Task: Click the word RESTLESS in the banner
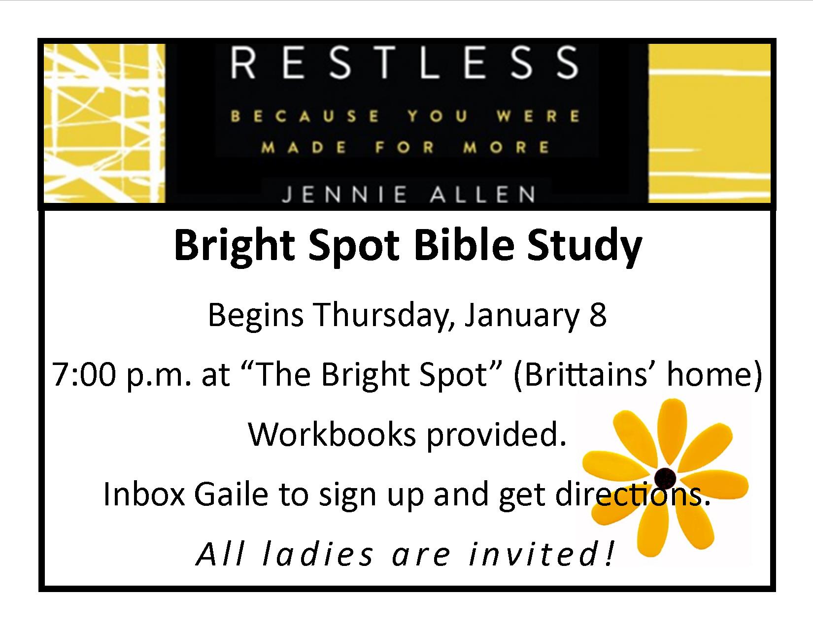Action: click(405, 63)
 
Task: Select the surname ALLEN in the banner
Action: click(483, 195)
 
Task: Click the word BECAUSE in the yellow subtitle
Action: click(305, 116)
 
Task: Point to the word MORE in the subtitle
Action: click(507, 147)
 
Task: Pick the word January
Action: click(521, 316)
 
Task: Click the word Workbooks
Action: click(332, 434)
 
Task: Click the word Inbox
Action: click(144, 495)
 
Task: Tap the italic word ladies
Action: click(318, 554)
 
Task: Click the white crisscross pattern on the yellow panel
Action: click(105, 124)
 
